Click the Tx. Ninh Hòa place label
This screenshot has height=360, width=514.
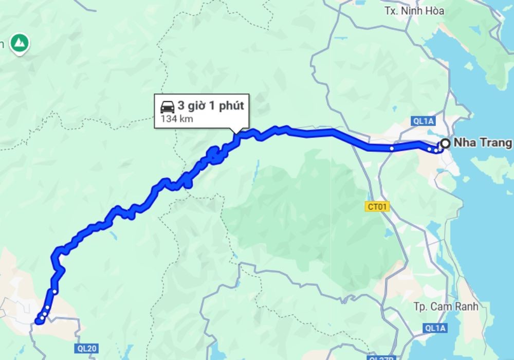(415, 10)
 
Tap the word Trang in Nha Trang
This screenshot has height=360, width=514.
(497, 143)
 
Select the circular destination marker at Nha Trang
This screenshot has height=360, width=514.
(445, 144)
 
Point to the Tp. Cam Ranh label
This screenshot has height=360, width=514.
(446, 307)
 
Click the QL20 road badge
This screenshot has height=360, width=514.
(86, 348)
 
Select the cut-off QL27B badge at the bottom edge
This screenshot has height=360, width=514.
(381, 357)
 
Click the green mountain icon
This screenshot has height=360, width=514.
(21, 43)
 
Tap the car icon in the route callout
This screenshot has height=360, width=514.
(168, 107)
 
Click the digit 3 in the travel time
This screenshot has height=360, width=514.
(181, 106)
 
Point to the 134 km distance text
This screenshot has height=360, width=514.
(176, 119)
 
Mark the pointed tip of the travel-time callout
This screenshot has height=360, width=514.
(236, 133)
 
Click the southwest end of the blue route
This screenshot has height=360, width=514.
(38, 322)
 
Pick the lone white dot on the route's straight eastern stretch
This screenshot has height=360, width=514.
(392, 149)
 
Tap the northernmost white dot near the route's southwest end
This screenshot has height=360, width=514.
(55, 292)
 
